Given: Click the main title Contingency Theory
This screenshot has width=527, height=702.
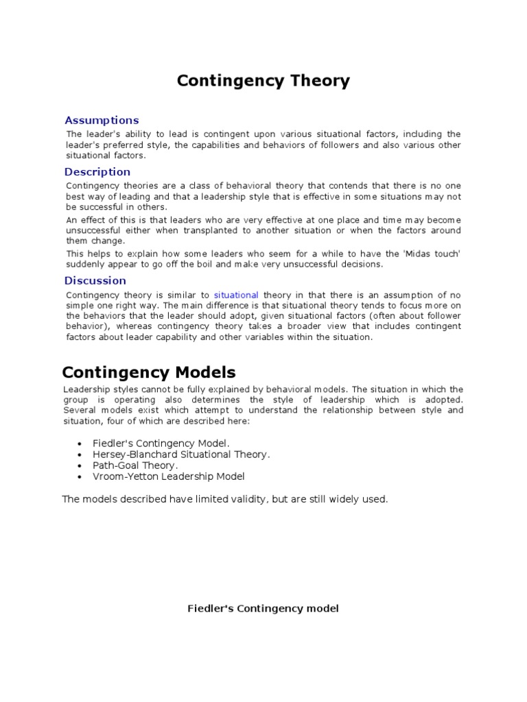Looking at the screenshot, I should click(263, 81).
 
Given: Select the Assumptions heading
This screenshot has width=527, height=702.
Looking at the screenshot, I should click(102, 121).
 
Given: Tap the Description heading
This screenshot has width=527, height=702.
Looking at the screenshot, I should click(97, 172).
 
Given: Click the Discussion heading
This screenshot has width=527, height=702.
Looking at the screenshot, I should click(95, 280).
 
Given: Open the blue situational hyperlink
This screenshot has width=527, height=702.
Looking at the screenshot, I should click(236, 295).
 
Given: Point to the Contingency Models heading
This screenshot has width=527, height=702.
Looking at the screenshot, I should click(149, 372).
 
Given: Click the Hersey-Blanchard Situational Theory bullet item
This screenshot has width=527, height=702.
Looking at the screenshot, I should click(182, 455).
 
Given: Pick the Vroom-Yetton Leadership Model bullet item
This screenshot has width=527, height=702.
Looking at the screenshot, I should click(169, 476).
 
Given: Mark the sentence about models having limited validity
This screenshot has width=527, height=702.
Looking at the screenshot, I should click(225, 499).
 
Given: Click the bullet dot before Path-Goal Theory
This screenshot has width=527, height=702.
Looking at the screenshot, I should click(82, 466).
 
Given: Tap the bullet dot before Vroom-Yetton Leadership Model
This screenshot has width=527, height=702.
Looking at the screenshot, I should click(82, 477).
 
